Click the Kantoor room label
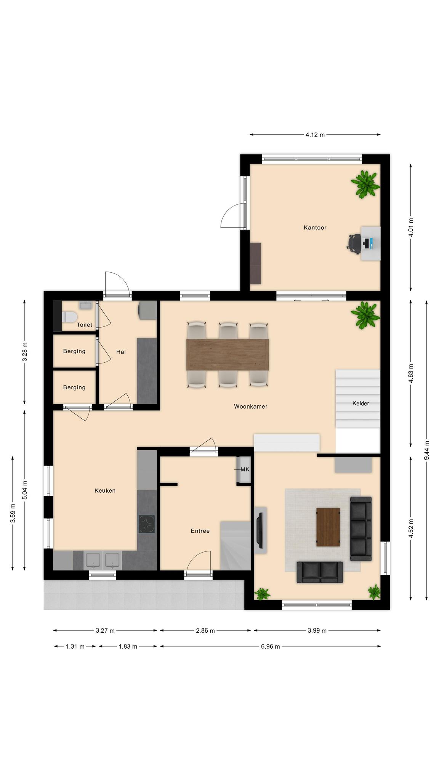315,228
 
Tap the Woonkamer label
250,407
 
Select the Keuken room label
105,491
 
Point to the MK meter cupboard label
245,469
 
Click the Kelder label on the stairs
360,403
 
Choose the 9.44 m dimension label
426,450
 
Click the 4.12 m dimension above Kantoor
315,135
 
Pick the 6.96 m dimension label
271,646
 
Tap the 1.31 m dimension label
75,646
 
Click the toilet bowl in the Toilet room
70,317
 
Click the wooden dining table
227,354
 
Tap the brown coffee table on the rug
328,527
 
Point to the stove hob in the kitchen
146,524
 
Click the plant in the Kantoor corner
365,184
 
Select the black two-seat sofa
319,572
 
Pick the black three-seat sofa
360,529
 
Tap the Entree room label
200,531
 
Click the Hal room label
121,352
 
